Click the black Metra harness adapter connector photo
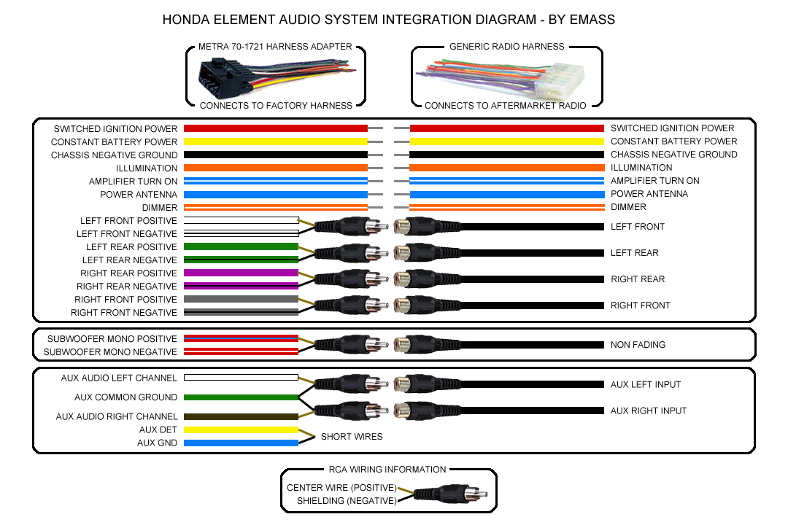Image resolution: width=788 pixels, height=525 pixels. pyautogui.click(x=219, y=76)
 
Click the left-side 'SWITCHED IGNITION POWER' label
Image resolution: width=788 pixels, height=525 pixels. pyautogui.click(x=115, y=129)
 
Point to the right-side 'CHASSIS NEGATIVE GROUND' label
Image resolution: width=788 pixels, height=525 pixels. pyautogui.click(x=673, y=155)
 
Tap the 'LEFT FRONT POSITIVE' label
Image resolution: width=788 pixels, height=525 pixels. pyautogui.click(x=128, y=221)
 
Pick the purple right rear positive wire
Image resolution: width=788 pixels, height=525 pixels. pyautogui.click(x=241, y=273)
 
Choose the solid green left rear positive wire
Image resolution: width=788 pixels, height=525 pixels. pyautogui.click(x=241, y=246)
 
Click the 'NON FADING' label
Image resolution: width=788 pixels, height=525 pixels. pyautogui.click(x=638, y=345)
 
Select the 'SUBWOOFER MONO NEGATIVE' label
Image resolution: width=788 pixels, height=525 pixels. pyautogui.click(x=110, y=352)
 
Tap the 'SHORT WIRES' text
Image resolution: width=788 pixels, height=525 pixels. pyautogui.click(x=351, y=437)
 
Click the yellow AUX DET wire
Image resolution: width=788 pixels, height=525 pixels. pyautogui.click(x=241, y=430)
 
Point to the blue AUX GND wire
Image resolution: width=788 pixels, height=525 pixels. pyautogui.click(x=241, y=443)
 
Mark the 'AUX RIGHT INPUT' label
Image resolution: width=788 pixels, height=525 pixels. pyautogui.click(x=648, y=411)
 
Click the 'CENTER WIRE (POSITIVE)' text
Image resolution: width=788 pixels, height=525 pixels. pyautogui.click(x=341, y=488)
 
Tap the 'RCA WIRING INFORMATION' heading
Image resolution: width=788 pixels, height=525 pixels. pyautogui.click(x=387, y=470)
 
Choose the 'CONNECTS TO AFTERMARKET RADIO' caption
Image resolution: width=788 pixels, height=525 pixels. pyautogui.click(x=505, y=106)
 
